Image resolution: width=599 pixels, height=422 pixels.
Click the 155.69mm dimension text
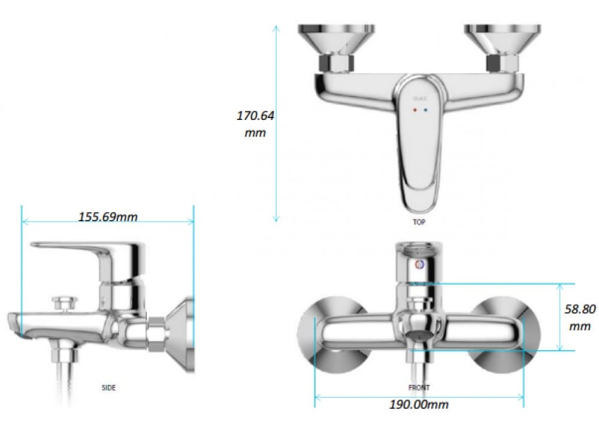click(108, 216)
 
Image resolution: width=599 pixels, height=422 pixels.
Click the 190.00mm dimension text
click(419, 404)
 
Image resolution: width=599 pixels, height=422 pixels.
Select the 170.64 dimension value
click(255, 116)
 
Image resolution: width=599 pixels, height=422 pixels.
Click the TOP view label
click(419, 222)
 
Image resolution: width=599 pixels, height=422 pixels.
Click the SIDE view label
click(108, 388)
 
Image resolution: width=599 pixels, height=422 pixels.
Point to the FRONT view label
click(419, 388)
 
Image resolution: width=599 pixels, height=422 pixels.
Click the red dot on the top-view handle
click(415, 111)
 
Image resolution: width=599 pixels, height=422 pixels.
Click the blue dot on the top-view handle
click(425, 111)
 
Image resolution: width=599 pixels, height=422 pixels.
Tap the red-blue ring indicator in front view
click(419, 264)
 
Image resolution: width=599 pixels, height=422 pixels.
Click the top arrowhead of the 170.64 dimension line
click(276, 28)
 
